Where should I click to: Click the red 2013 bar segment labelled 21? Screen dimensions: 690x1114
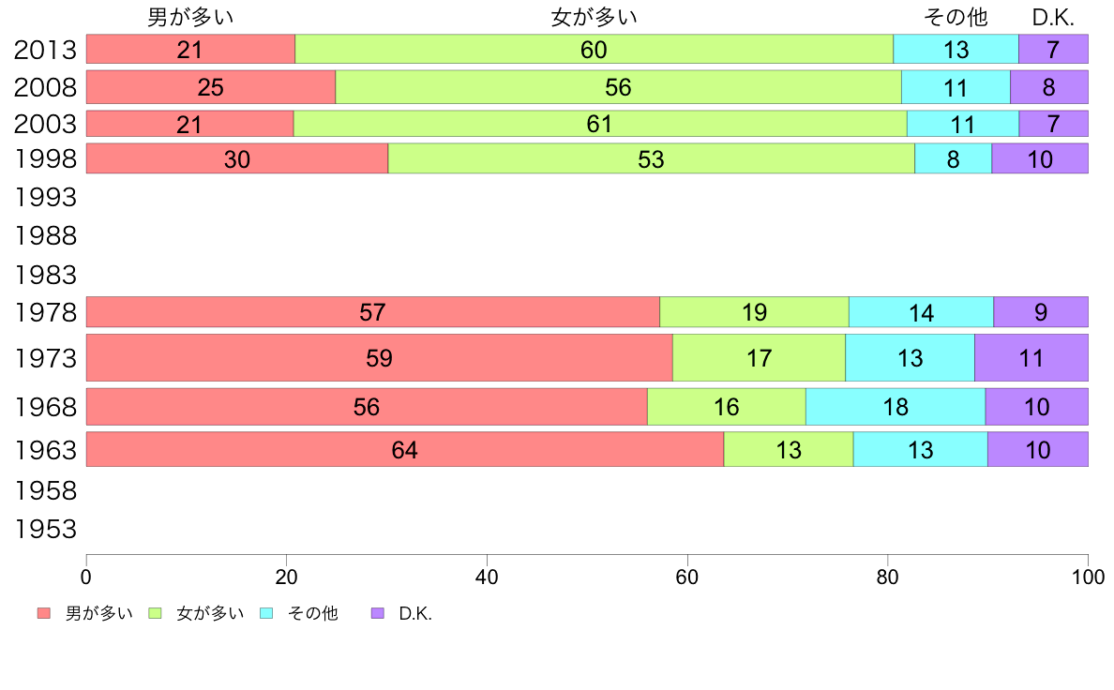coord(190,50)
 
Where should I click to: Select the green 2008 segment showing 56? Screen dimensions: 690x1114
coord(618,87)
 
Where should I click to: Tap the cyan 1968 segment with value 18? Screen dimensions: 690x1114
coord(896,407)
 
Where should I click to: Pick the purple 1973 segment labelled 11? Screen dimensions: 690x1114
coord(1031,358)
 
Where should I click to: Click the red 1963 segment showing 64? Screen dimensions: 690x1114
coord(404,450)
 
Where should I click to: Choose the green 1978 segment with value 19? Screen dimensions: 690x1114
coord(754,312)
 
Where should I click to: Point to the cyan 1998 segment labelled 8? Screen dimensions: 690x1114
coord(953,159)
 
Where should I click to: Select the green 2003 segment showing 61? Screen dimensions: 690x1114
coord(599,124)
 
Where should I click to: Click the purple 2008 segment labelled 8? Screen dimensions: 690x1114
coord(1048,87)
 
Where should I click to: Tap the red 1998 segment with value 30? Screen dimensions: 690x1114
coord(237,159)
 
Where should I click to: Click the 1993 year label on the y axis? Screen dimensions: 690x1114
coord(45,198)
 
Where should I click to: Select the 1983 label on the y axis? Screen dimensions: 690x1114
coord(45,276)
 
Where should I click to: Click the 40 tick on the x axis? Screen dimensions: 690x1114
coord(487,576)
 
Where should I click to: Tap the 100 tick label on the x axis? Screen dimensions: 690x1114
coord(1088,576)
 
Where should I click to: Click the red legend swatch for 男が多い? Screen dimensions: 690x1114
coord(43,613)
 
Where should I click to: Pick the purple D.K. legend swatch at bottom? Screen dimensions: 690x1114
coord(378,613)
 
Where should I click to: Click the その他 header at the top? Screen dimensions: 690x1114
coord(956,17)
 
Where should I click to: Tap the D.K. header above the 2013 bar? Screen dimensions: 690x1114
coord(1053,17)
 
